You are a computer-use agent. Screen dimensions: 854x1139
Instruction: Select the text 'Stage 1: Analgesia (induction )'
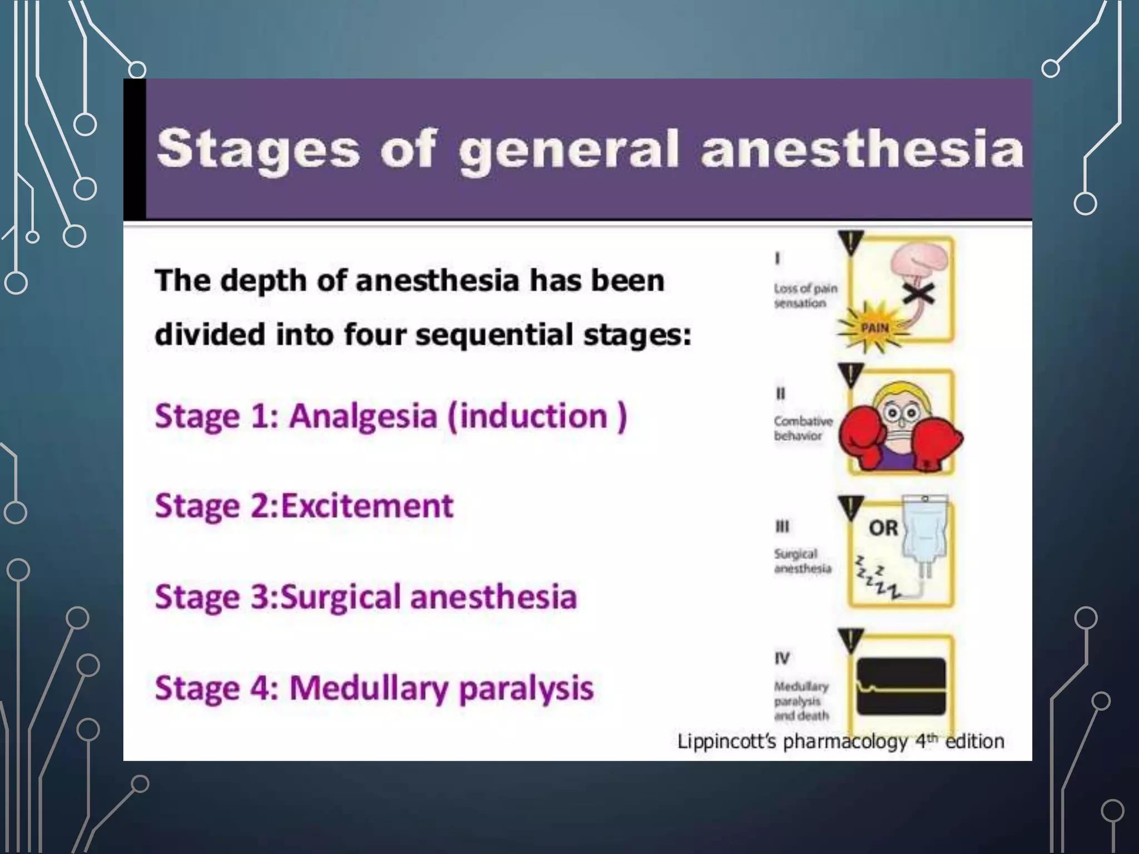391,416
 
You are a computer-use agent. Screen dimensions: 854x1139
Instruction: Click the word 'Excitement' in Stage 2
367,506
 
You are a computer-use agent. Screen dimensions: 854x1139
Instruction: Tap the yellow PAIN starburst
874,328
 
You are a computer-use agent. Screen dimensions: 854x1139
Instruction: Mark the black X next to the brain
918,291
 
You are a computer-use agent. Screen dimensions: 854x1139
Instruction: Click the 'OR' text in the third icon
883,528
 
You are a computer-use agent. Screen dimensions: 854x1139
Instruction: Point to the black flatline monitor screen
901,686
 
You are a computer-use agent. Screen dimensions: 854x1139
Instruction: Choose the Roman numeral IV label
782,658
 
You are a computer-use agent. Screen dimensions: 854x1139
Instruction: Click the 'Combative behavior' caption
803,429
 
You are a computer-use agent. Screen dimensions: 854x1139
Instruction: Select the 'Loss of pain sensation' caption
805,296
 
